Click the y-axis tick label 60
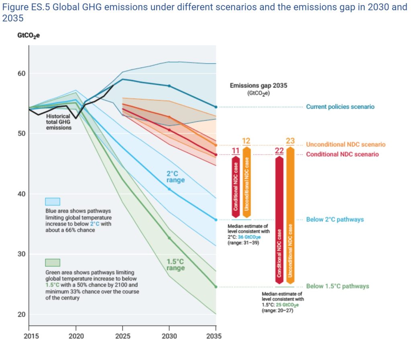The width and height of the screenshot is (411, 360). click(21, 73)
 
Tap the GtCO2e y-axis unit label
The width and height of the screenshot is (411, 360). click(28, 36)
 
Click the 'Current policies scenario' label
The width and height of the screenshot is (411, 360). click(340, 107)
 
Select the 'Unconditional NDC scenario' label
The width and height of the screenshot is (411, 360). click(346, 144)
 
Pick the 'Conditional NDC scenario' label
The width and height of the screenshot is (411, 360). click(342, 154)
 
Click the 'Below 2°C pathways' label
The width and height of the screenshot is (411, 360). click(335, 219)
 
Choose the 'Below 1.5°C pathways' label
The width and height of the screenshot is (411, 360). click(337, 286)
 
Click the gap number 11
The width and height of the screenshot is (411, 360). click(236, 151)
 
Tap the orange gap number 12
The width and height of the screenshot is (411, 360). click(246, 141)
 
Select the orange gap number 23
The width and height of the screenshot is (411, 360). click(290, 141)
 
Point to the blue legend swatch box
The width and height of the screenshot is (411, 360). click(53, 201)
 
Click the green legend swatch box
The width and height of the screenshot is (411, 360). click(53, 263)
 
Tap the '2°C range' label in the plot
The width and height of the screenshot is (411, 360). click(176, 177)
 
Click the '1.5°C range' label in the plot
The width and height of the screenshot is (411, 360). click(176, 265)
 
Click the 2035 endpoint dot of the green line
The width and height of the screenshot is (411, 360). click(216, 287)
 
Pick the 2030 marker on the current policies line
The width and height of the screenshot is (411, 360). click(169, 86)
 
